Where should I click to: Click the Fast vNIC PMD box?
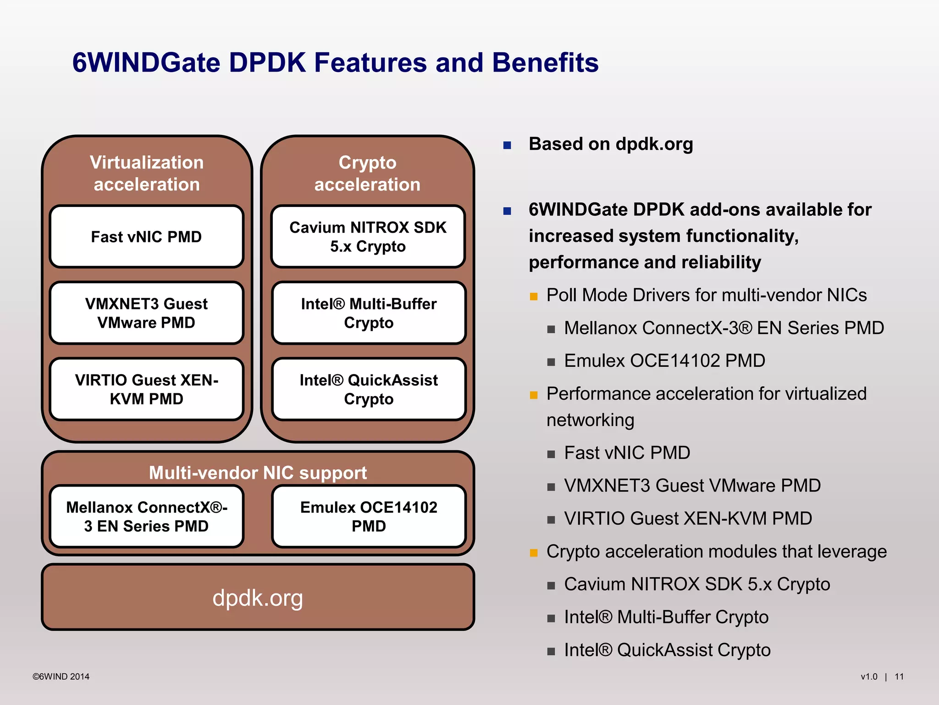click(146, 237)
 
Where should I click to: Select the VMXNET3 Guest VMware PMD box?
click(146, 313)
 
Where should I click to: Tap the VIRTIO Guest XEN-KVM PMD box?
click(146, 389)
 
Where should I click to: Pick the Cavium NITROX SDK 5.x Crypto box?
click(368, 237)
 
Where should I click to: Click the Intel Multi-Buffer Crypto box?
click(369, 313)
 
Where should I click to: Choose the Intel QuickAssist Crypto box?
click(369, 389)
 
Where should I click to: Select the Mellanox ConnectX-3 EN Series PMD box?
click(146, 516)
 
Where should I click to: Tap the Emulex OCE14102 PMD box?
click(369, 516)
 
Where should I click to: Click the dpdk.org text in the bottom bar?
click(258, 598)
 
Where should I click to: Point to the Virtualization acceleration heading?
click(147, 173)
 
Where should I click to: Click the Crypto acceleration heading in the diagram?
click(367, 173)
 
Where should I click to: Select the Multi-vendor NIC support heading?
click(258, 473)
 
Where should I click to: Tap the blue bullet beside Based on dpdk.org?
click(507, 145)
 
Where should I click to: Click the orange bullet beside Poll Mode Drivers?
click(534, 297)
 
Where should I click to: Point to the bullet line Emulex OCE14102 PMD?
click(664, 361)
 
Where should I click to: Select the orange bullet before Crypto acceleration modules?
click(534, 553)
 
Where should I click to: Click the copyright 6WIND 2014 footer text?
click(61, 677)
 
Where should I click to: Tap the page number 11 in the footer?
click(899, 677)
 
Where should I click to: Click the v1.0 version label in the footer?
click(869, 677)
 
